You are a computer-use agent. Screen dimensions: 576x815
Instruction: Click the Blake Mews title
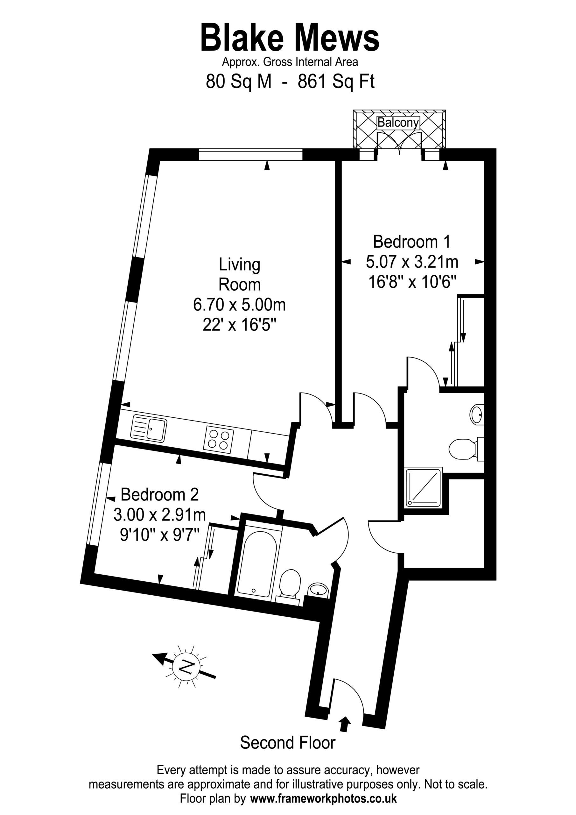(290, 38)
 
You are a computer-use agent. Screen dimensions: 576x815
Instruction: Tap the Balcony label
(398, 123)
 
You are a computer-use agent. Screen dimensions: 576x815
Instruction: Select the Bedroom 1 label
(412, 242)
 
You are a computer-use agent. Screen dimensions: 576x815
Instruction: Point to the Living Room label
(240, 275)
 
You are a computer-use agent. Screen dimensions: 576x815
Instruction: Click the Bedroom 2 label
(160, 494)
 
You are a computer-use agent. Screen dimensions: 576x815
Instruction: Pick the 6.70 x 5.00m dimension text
(240, 305)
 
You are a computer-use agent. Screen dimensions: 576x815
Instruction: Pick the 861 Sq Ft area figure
(336, 82)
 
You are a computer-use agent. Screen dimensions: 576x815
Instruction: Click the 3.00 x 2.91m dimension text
(160, 514)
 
